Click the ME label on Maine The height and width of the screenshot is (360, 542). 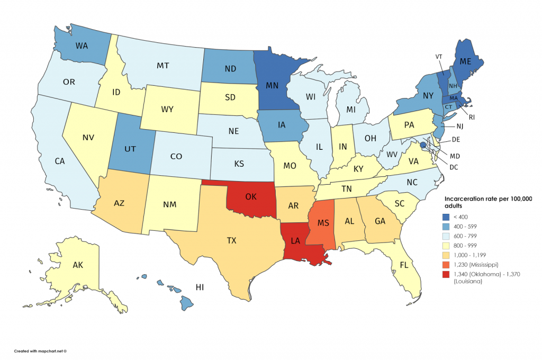[x=465, y=62]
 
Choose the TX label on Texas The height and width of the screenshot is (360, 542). [x=231, y=240]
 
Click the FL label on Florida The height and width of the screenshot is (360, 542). [x=404, y=264]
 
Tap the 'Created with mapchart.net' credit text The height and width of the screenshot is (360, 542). [x=40, y=350]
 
